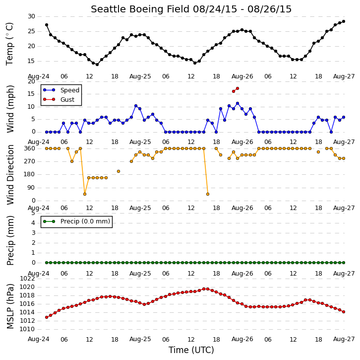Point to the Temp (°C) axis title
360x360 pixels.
[x=9, y=44]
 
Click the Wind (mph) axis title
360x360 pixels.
[x=10, y=109]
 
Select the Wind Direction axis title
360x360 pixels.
[x=10, y=175]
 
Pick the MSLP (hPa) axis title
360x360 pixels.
[x=10, y=306]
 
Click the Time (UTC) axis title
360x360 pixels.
[x=191, y=350]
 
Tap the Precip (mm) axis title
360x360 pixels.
[x=10, y=240]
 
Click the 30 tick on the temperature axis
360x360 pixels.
[x=31, y=16]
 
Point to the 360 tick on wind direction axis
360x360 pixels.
[x=30, y=148]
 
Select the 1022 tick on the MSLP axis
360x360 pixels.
[x=28, y=279]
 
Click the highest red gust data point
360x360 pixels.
[x=238, y=88]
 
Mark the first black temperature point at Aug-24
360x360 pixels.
[x=47, y=25]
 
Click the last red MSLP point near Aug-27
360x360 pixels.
[x=344, y=312]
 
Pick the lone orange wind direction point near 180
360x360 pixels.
[x=119, y=171]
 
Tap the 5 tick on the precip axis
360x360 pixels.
[x=33, y=213]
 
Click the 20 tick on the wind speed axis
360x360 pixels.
[x=31, y=81]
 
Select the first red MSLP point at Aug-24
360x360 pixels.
[x=47, y=317]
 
